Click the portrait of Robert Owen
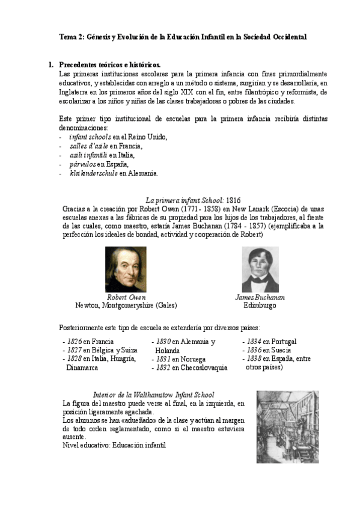(x=126, y=269)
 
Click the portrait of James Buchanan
(x=260, y=269)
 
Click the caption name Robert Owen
(x=126, y=297)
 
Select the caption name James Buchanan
(x=260, y=297)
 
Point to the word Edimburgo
(x=260, y=306)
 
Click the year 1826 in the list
(x=74, y=342)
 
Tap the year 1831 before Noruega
(x=162, y=359)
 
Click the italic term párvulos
(x=84, y=164)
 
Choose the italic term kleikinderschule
(x=93, y=173)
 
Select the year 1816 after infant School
(x=234, y=199)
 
